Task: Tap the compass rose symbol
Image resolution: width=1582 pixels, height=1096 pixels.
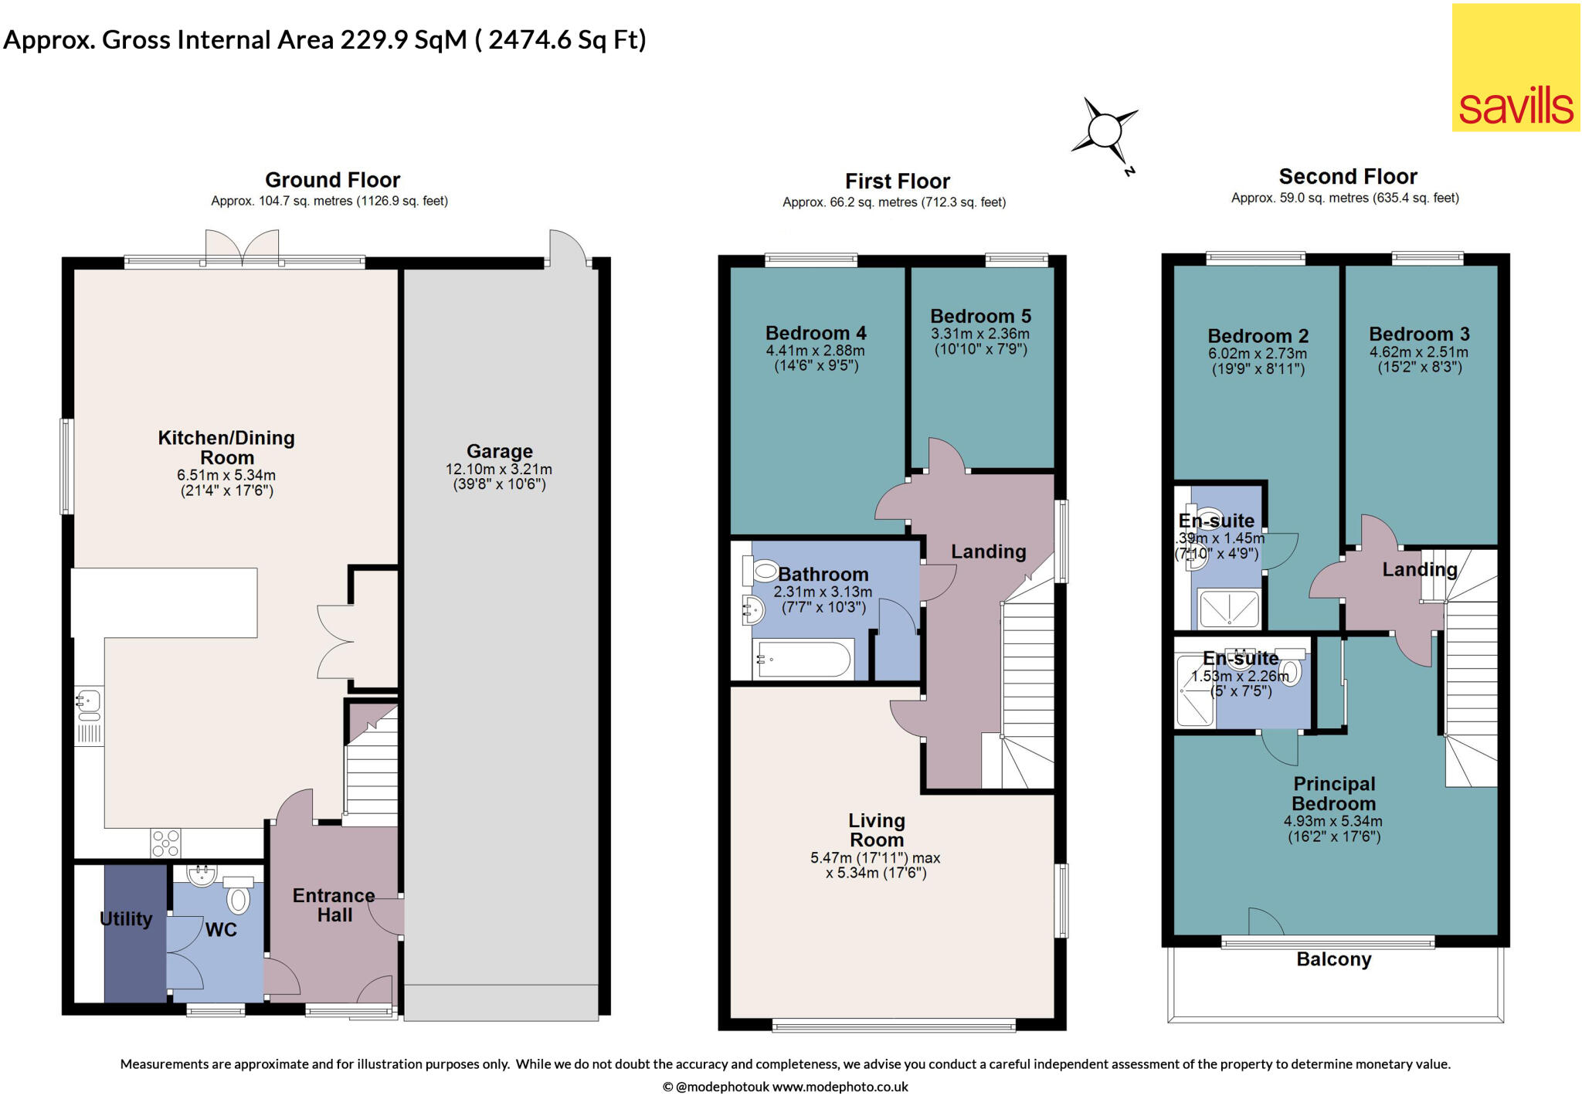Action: pyautogui.click(x=1105, y=130)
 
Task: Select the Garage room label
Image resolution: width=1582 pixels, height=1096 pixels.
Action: pyautogui.click(x=499, y=451)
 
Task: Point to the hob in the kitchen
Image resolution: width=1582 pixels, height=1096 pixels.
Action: pyautogui.click(x=165, y=843)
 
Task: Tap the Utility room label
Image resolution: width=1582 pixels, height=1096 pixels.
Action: pyautogui.click(x=126, y=919)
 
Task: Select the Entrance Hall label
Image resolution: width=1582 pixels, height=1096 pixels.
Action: pyautogui.click(x=334, y=905)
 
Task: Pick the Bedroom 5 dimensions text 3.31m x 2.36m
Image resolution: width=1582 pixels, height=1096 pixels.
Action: pyautogui.click(x=979, y=334)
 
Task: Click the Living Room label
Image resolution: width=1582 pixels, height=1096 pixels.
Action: pyautogui.click(x=876, y=830)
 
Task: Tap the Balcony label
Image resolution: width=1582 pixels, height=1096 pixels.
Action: pyautogui.click(x=1333, y=959)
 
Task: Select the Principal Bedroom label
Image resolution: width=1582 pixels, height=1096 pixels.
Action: pyautogui.click(x=1333, y=794)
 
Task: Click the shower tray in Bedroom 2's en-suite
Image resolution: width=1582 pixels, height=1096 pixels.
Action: pyautogui.click(x=1228, y=609)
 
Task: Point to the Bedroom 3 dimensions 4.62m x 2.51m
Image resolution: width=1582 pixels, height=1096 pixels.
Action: pyautogui.click(x=1419, y=352)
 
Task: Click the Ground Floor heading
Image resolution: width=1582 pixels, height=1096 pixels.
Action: pyautogui.click(x=332, y=180)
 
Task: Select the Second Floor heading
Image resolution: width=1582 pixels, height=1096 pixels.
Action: pyautogui.click(x=1347, y=177)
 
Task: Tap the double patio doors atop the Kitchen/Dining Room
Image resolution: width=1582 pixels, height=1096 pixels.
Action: pyautogui.click(x=242, y=247)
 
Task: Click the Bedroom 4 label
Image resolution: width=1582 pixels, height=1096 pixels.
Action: pyautogui.click(x=816, y=333)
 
